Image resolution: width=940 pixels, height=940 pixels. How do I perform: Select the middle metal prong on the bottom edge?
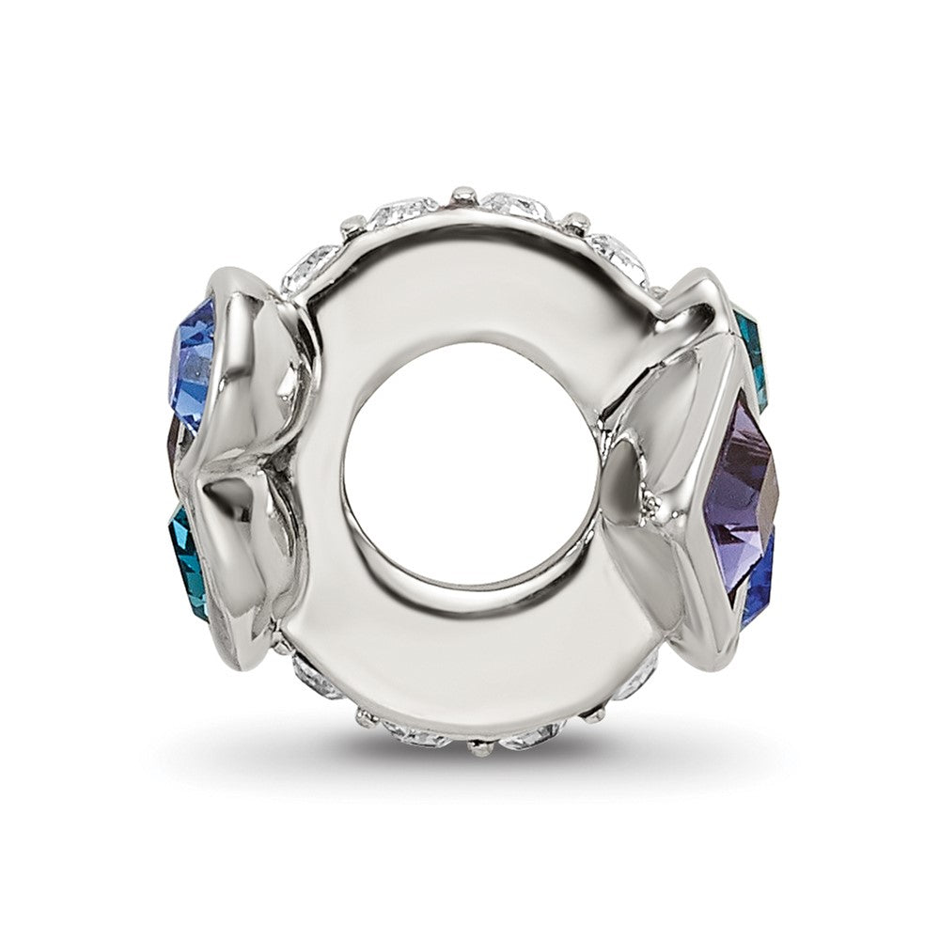[x=481, y=748]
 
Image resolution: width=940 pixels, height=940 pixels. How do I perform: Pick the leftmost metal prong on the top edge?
[x=349, y=226]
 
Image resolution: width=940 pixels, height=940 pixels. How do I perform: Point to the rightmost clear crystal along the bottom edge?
[x=639, y=669]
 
